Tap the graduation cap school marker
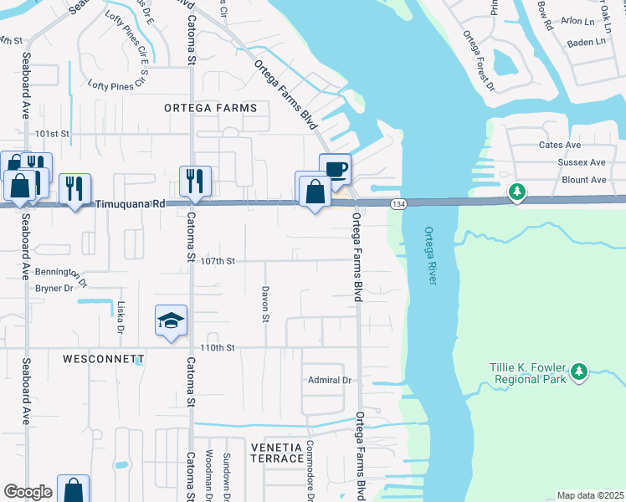pyautogui.click(x=171, y=321)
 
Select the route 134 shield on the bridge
pyautogui.click(x=398, y=204)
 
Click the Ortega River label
pyautogui.click(x=430, y=255)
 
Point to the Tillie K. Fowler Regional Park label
pyautogui.click(x=527, y=372)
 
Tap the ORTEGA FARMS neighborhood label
pyautogui.click(x=205, y=109)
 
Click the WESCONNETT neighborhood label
pyautogui.click(x=103, y=358)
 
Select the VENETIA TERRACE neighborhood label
pyautogui.click(x=277, y=453)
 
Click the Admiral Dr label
pyautogui.click(x=329, y=380)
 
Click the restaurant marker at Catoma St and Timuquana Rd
pyautogui.click(x=195, y=181)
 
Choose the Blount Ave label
pyautogui.click(x=584, y=180)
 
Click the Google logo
pyautogui.click(x=28, y=492)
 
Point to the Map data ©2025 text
pyautogui.click(x=590, y=495)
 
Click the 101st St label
pyautogui.click(x=52, y=133)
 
